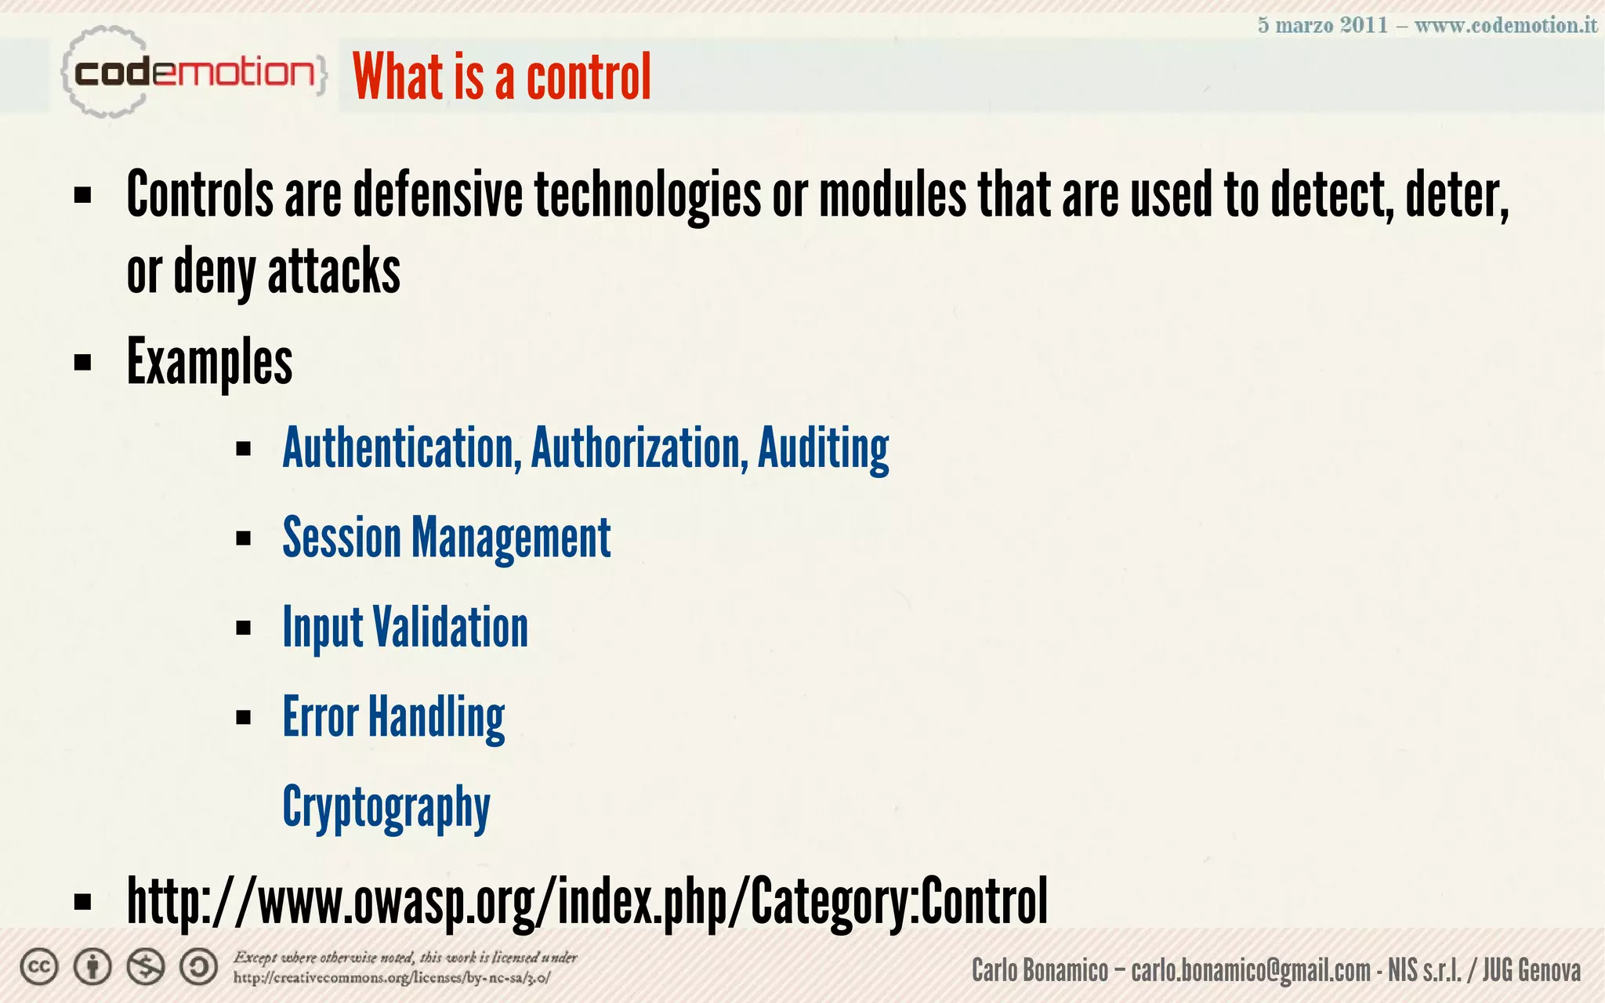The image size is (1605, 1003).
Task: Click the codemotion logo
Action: pyautogui.click(x=192, y=74)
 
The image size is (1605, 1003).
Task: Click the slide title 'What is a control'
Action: pyautogui.click(x=502, y=77)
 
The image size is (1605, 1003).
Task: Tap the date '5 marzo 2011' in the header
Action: pyautogui.click(x=1322, y=25)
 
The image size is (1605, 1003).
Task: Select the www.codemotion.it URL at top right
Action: pyautogui.click(x=1505, y=25)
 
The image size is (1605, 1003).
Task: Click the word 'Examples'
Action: pyautogui.click(x=210, y=362)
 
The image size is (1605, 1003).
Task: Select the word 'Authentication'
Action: pyautogui.click(x=401, y=448)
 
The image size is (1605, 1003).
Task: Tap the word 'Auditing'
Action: pyautogui.click(x=823, y=448)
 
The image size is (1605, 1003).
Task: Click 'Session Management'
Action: pyautogui.click(x=447, y=538)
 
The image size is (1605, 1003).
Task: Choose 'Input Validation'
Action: pyautogui.click(x=405, y=628)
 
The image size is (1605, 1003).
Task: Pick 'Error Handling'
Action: pyautogui.click(x=393, y=717)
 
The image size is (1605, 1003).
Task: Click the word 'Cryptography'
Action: pyautogui.click(x=386, y=807)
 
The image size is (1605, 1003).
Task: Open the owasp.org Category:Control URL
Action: pyautogui.click(x=587, y=902)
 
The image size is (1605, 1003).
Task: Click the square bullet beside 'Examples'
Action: pyautogui.click(x=83, y=363)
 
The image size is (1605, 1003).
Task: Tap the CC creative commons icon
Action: pyautogui.click(x=39, y=967)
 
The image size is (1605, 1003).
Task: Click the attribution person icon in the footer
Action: pyautogui.click(x=92, y=967)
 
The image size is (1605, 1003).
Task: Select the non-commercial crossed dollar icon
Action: pyautogui.click(x=146, y=967)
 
